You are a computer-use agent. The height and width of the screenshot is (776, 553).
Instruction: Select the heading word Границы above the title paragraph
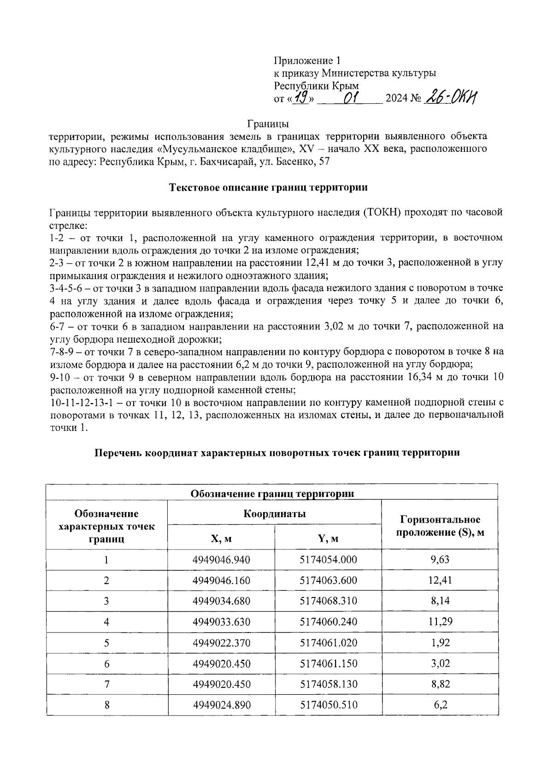point(268,124)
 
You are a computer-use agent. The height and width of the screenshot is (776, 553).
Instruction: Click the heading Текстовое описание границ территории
point(268,188)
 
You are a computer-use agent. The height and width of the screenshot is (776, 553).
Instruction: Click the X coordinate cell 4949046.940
point(221,560)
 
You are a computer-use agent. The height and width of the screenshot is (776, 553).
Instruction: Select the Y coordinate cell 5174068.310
point(328,601)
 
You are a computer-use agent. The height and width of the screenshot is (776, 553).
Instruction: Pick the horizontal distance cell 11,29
point(440,622)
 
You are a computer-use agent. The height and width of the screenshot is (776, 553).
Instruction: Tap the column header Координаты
point(275,513)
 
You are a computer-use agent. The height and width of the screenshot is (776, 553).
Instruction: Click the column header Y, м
point(328,538)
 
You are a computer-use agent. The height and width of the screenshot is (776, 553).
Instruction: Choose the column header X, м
point(221,538)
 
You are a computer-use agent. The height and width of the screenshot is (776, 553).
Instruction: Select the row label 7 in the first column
point(107,684)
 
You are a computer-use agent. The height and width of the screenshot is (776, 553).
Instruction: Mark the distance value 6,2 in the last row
point(440,705)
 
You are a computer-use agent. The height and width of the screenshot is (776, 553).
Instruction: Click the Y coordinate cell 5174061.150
point(328,663)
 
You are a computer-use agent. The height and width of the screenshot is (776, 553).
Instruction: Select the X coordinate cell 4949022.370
point(221,643)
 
